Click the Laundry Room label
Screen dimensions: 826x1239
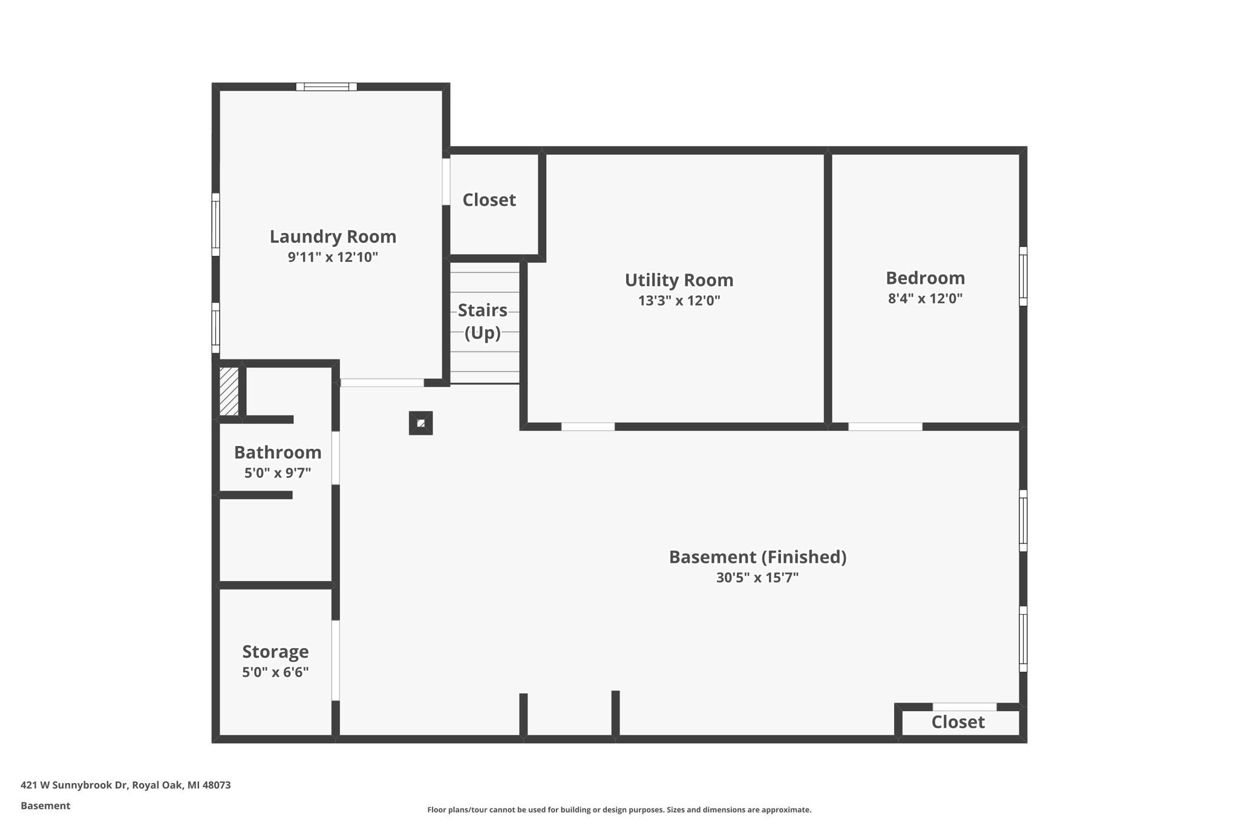tap(333, 237)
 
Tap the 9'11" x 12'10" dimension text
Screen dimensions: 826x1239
tap(333, 257)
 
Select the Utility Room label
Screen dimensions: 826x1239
tap(679, 280)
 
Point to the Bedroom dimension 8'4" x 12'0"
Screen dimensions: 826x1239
tap(925, 298)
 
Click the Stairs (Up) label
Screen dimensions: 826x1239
tap(483, 321)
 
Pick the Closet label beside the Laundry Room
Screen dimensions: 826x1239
tap(489, 200)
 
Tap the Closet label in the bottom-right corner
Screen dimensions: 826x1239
tap(958, 722)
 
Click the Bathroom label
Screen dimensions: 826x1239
tap(278, 453)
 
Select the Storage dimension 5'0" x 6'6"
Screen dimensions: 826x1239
tap(275, 672)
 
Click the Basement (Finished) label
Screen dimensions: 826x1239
tap(757, 557)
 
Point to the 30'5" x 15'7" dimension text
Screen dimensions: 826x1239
tap(757, 578)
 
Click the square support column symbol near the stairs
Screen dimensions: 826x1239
tap(421, 423)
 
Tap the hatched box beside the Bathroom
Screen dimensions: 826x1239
tap(229, 391)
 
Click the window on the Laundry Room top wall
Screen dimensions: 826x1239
tap(326, 87)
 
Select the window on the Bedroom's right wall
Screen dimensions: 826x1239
tap(1023, 277)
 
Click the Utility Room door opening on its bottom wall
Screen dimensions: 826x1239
tap(588, 427)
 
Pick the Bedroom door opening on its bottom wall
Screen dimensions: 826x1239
tap(885, 427)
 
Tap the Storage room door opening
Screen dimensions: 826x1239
tap(336, 660)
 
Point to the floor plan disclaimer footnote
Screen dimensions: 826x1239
tap(619, 810)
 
